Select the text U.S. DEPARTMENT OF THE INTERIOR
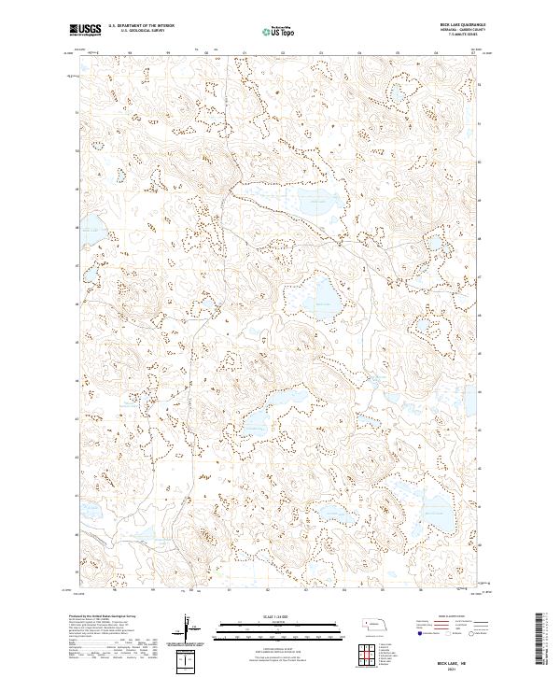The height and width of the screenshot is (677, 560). (141, 25)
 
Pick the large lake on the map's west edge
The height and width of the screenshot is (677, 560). (90, 227)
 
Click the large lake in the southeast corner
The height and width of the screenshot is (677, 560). (435, 511)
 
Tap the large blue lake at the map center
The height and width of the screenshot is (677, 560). (323, 302)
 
